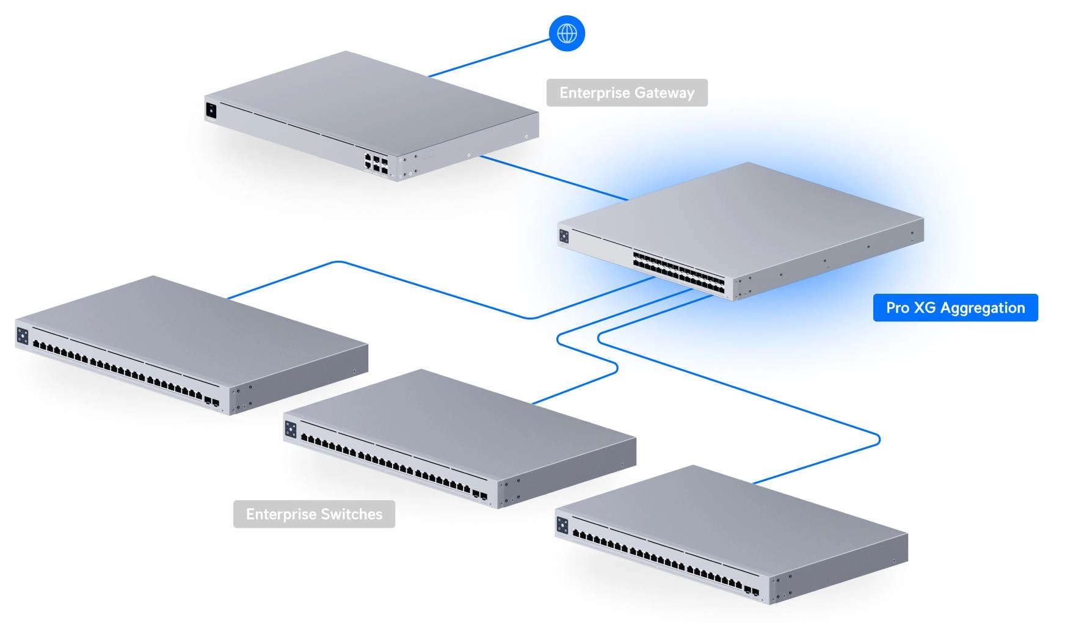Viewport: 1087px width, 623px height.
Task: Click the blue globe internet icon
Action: pos(567,33)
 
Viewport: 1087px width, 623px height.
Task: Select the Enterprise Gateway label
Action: pos(627,93)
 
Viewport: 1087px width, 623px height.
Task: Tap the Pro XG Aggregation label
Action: pos(955,308)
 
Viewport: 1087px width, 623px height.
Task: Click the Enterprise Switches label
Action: pos(314,514)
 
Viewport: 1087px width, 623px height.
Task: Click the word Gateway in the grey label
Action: pos(664,93)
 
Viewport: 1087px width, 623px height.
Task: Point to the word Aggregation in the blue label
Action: pos(982,308)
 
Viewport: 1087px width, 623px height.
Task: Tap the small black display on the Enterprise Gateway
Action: pos(211,111)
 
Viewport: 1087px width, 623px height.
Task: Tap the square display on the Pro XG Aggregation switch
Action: pos(564,236)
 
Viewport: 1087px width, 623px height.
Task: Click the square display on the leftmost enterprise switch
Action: pos(23,336)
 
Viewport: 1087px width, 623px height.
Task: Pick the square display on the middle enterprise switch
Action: pos(291,429)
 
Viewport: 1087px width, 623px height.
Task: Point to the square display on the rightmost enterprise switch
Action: pos(562,525)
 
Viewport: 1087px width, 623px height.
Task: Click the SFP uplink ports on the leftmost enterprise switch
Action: pos(212,403)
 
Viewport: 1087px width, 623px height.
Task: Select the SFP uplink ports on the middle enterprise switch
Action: pos(480,495)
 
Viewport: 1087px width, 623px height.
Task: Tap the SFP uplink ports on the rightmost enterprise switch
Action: pos(751,591)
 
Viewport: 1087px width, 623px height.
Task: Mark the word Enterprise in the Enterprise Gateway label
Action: pos(594,93)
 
